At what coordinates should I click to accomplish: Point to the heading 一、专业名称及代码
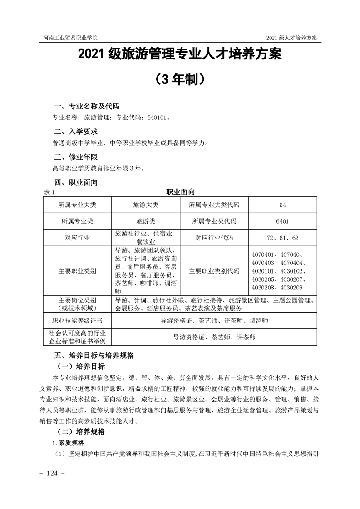pyautogui.click(x=87, y=107)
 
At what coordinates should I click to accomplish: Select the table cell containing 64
pyautogui.click(x=282, y=205)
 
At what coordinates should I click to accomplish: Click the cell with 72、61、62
pyautogui.click(x=282, y=238)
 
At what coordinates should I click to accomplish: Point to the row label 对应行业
pyautogui.click(x=78, y=238)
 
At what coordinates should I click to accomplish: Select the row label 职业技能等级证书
pyautogui.click(x=78, y=321)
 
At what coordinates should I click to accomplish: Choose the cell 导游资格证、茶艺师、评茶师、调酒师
pyautogui.click(x=214, y=321)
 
